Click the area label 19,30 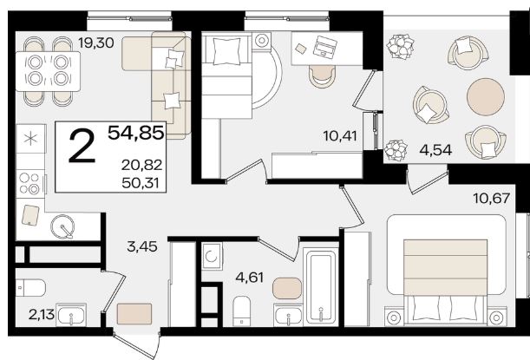click(96, 43)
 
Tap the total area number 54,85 click(136, 132)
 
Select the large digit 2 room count click(82, 147)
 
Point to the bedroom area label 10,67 click(491, 198)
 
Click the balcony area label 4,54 click(435, 150)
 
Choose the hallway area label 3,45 click(142, 246)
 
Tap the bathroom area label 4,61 click(250, 278)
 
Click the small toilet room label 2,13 click(42, 315)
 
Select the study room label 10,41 click(340, 136)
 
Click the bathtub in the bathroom click(321, 286)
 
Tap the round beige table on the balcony click(486, 96)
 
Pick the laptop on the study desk click(324, 46)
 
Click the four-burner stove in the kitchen click(30, 183)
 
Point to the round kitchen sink click(62, 226)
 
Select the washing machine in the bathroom click(212, 257)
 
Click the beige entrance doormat click(134, 314)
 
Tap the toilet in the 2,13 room click(30, 288)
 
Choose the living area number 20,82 click(142, 166)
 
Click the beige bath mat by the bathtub click(287, 288)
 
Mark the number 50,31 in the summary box click(141, 183)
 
